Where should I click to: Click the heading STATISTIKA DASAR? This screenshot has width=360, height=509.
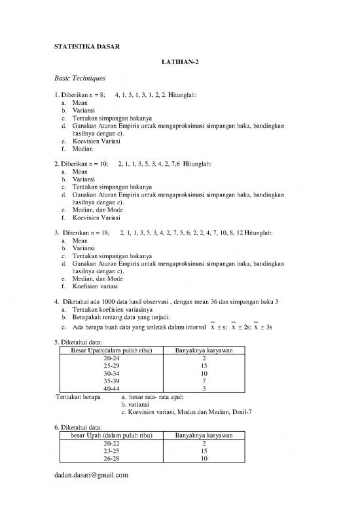tap(83, 46)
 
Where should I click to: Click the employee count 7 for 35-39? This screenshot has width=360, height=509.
tap(204, 381)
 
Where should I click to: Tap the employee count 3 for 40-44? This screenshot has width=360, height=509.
tap(204, 388)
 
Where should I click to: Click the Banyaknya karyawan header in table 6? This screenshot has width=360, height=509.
tap(204, 436)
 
